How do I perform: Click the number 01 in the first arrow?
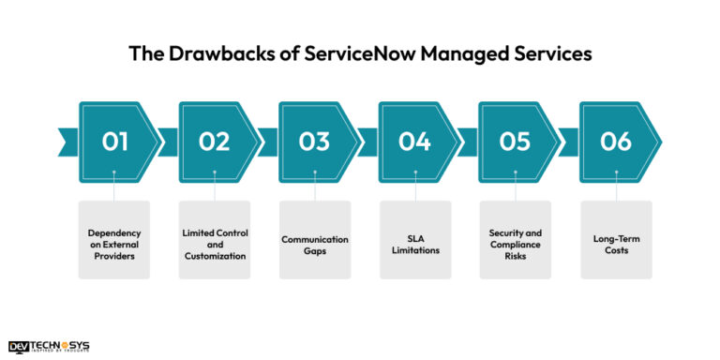(x=114, y=142)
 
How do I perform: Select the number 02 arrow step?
(x=215, y=142)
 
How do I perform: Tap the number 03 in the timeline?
(x=315, y=142)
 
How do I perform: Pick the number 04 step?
(x=414, y=142)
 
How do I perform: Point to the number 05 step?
(x=515, y=142)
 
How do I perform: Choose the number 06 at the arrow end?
(x=615, y=142)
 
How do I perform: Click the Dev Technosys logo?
(x=48, y=346)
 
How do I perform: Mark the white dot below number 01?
(x=114, y=172)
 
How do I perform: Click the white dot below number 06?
(x=615, y=172)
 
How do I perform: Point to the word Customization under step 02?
(x=215, y=256)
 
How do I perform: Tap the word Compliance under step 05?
(x=515, y=245)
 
